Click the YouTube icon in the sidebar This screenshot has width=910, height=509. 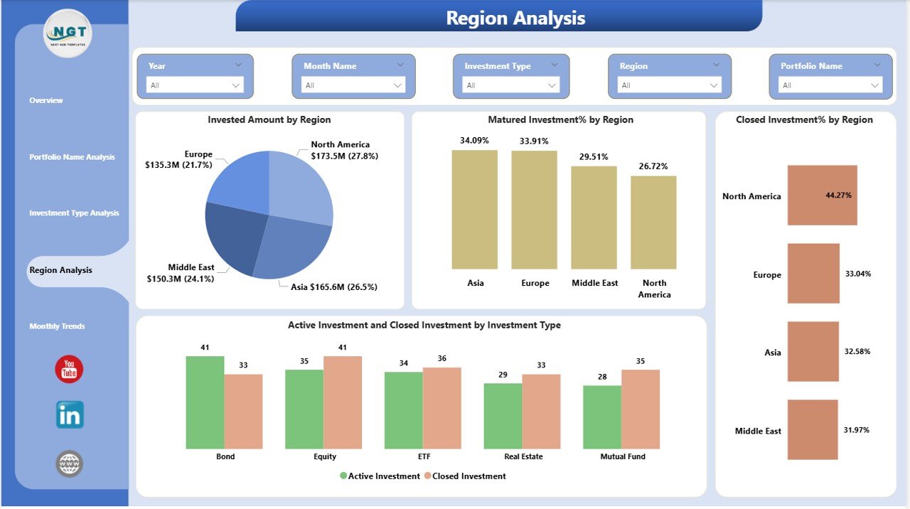(x=69, y=370)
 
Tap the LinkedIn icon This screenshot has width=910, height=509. (x=70, y=414)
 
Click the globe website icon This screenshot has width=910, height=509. (x=70, y=464)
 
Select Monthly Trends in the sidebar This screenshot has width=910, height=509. (x=57, y=326)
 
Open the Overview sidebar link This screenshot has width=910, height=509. (x=46, y=100)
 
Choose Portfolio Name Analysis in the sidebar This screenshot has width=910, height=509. (x=72, y=157)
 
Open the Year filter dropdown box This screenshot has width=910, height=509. (x=195, y=85)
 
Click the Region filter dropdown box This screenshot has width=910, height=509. (x=669, y=85)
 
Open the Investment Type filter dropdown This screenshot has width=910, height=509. (x=511, y=85)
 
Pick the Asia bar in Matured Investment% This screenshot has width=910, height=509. (x=475, y=210)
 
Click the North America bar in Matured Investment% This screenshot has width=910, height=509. (x=653, y=222)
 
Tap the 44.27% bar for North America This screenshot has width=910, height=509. (x=822, y=195)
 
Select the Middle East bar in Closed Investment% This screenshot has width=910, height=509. (x=813, y=429)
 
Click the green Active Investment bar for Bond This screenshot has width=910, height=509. (x=205, y=402)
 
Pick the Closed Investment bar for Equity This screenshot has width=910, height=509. (x=343, y=402)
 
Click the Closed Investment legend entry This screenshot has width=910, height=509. (x=465, y=476)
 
